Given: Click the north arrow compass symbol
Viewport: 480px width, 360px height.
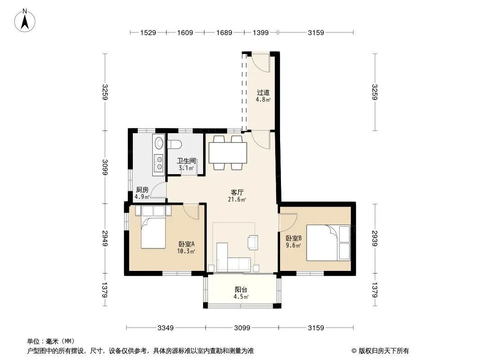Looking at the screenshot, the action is coord(25,21).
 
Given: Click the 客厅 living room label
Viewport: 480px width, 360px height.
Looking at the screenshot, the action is coord(237,193).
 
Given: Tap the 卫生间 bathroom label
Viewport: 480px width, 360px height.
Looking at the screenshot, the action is coord(186,161).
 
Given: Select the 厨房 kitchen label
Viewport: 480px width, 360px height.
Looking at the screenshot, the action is coord(142,189).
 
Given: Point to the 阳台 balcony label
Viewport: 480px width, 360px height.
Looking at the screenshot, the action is coord(241,290).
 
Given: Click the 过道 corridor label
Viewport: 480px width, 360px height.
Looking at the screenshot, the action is coord(263,92).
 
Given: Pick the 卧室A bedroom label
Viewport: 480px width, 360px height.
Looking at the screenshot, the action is coord(186,244).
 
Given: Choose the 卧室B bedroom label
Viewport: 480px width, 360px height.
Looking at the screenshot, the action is coord(294,238).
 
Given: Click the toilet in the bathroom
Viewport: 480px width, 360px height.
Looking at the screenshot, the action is coord(175,144).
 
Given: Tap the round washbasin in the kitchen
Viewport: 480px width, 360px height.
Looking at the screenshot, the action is coord(159,143).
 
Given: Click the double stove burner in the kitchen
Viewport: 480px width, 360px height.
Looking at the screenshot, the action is coord(159,162).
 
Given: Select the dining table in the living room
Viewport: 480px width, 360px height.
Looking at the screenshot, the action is coord(228,153).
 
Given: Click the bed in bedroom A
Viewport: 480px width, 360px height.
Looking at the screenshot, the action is coord(153,230).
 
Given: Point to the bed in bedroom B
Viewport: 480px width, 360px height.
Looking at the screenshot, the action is coord(328,243).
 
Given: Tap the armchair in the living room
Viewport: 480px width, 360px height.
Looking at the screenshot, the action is coord(253,243).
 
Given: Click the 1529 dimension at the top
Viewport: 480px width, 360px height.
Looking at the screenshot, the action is coord(148,32).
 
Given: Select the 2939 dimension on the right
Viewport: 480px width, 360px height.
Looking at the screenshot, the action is coord(375,238).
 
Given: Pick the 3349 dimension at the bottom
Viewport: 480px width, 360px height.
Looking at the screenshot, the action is coord(166,328).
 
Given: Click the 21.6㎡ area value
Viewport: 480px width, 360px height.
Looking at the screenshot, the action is coord(237,200).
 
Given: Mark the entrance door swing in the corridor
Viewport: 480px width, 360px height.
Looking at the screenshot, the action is coord(261,63).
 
